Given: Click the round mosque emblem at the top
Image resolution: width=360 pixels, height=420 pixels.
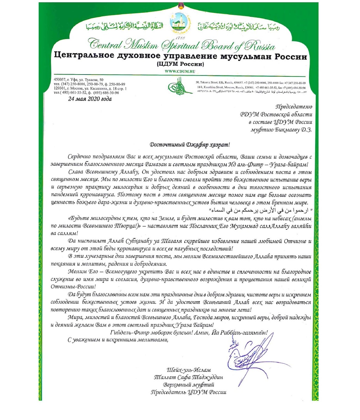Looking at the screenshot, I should pos(180,22).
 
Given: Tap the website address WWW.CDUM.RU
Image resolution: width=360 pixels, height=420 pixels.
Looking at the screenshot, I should pos(180,71).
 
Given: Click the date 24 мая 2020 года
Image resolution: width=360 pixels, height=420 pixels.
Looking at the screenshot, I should pos(90,99).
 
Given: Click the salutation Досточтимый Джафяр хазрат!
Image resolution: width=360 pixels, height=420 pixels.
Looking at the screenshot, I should pos(190,145).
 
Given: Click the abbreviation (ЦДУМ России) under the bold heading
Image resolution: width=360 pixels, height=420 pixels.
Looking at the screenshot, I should pos(180,64).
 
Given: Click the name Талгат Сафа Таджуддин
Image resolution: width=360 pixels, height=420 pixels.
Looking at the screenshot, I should pos(188,377).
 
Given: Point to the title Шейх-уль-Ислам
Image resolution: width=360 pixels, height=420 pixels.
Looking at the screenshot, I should pos(189,370).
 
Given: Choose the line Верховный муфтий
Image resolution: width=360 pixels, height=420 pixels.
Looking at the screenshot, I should pos(189,385).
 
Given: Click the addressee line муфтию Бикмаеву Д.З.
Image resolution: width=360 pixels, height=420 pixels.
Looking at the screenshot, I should pos(281,130).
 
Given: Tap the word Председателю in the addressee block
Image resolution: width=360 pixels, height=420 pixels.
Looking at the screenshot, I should pos(294,106).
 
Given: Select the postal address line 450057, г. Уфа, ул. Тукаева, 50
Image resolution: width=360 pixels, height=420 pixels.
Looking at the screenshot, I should pos(79,80).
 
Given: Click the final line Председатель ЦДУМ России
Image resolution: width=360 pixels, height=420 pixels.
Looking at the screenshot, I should pos(189,392).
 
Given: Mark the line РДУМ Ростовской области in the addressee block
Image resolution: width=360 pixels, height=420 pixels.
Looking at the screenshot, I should pos(276,114).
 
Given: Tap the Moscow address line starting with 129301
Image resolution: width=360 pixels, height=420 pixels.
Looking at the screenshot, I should pos(90,88).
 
